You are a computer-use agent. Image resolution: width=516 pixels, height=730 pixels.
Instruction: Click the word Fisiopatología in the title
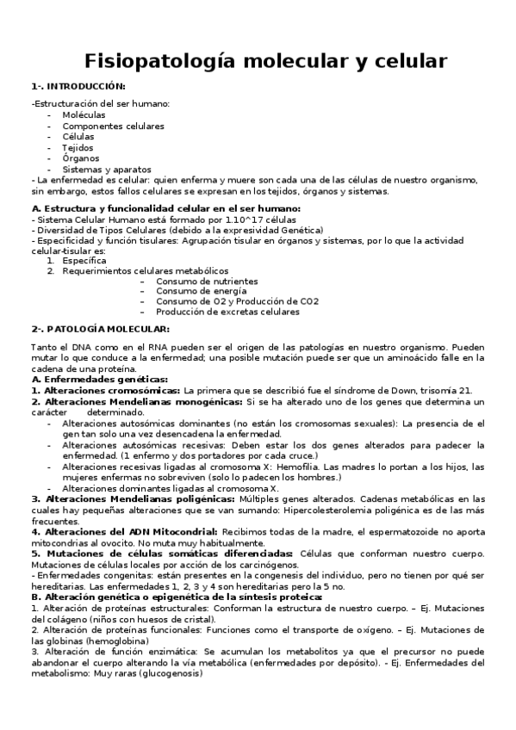click(159, 62)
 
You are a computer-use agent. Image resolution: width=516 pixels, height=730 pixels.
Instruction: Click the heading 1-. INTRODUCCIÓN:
click(78, 86)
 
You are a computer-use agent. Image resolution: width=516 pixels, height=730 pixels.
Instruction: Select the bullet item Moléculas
click(84, 114)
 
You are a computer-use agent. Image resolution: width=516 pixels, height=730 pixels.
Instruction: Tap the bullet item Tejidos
click(78, 147)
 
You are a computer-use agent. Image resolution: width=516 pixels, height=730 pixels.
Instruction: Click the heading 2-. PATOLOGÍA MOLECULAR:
click(101, 329)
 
